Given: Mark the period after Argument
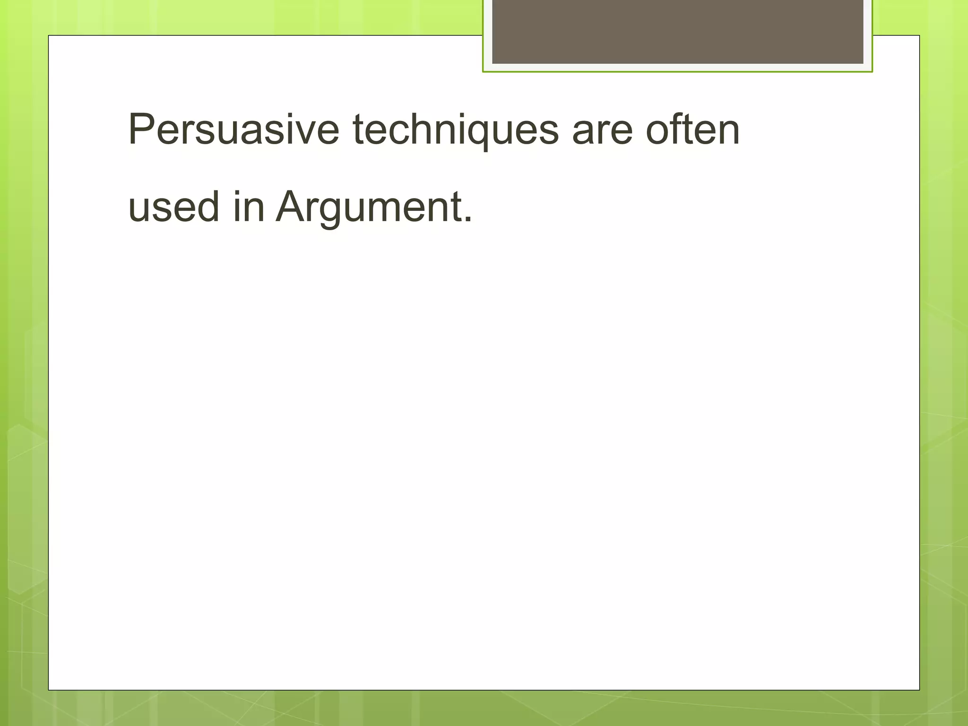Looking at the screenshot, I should [467, 219].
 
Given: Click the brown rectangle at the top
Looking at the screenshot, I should [677, 31].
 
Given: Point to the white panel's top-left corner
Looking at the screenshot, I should [49, 36].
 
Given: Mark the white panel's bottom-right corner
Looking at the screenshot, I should [919, 690].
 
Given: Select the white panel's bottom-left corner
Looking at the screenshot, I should [49, 690].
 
